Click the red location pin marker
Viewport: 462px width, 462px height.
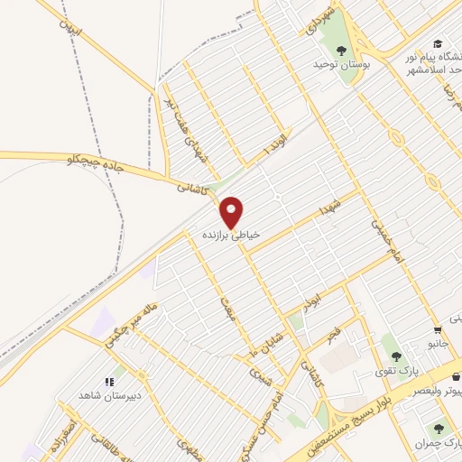tap(232, 211)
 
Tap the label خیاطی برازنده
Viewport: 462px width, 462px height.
tap(230, 234)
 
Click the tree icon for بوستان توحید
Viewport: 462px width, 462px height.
tap(341, 50)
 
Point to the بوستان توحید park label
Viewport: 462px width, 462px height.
tap(312, 65)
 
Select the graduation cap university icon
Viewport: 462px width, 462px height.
tap(438, 43)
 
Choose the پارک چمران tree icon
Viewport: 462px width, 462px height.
tap(439, 430)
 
